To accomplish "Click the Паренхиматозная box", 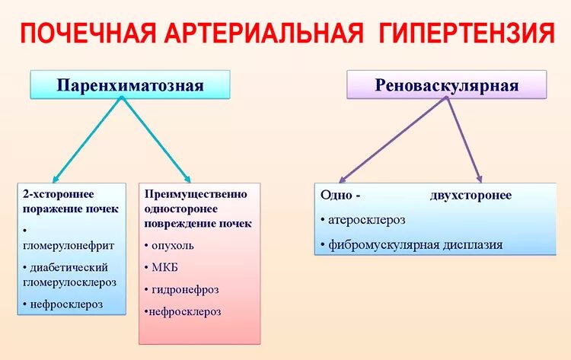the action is [x=130, y=84].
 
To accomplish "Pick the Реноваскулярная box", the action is [x=447, y=85].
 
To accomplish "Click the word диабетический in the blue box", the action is [x=69, y=267].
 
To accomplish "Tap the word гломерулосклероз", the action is [x=69, y=282].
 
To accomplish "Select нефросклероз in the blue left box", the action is [x=62, y=304].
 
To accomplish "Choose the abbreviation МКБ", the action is [x=164, y=267].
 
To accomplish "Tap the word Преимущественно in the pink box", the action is [x=196, y=194].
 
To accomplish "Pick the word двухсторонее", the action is [x=471, y=196].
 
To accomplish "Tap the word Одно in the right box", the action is [x=336, y=196].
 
